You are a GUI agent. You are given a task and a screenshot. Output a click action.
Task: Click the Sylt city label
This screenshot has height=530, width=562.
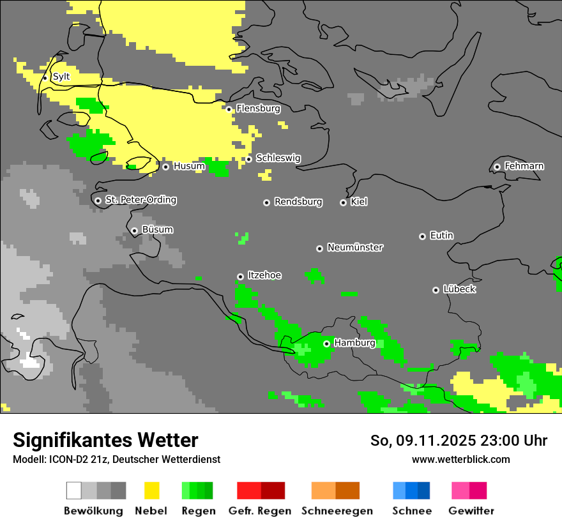click(61, 77)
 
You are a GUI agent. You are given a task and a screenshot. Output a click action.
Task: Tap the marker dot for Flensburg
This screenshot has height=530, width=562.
click(229, 109)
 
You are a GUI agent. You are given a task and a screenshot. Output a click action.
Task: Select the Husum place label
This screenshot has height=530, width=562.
click(189, 166)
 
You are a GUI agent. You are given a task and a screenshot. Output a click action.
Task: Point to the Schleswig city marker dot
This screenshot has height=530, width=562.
click(249, 159)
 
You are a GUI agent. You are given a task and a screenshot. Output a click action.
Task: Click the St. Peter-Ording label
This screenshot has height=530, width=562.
click(141, 200)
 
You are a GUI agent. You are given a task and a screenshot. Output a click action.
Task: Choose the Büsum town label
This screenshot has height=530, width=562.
click(157, 230)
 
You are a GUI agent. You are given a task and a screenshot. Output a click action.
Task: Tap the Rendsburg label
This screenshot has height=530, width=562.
click(298, 202)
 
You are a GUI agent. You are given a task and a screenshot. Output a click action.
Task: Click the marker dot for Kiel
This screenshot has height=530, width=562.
click(343, 202)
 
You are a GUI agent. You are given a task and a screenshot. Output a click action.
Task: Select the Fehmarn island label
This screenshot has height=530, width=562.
click(524, 166)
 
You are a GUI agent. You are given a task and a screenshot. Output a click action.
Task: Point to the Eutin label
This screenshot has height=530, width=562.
click(441, 236)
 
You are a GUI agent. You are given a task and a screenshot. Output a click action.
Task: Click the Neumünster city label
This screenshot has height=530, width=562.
click(355, 247)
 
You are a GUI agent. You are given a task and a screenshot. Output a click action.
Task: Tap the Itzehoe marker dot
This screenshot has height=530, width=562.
click(240, 276)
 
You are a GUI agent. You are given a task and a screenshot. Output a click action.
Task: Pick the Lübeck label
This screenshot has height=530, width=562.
click(459, 289)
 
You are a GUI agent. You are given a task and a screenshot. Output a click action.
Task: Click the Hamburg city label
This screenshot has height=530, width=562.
click(354, 343)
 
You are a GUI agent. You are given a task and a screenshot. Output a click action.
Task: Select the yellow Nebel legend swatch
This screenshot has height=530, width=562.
click(151, 490)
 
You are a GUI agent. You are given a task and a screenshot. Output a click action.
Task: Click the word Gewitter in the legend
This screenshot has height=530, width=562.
click(471, 511)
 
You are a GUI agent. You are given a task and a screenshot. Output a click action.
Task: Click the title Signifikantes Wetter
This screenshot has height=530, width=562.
click(105, 440)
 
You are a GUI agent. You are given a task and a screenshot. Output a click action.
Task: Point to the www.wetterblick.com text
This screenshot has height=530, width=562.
click(460, 459)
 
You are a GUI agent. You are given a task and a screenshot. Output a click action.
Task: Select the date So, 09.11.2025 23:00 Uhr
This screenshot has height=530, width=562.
click(459, 441)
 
